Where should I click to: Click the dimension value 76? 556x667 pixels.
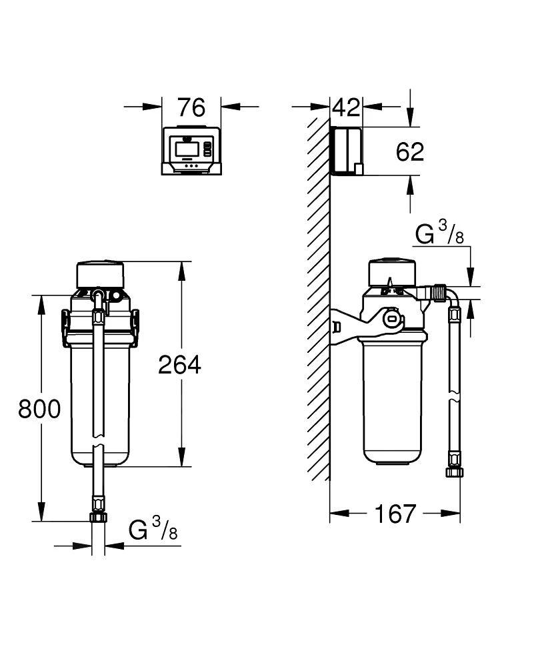191,107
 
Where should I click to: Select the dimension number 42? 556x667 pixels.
346,107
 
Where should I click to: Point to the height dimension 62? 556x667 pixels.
409,152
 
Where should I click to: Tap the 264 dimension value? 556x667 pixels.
179,364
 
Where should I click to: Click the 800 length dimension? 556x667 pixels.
39,409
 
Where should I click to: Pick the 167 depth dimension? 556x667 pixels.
395,514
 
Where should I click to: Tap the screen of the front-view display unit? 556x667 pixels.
186,148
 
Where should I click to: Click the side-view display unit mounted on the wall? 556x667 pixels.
347,151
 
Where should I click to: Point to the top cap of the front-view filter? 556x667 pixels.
100,273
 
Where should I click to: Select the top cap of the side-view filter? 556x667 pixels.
392,270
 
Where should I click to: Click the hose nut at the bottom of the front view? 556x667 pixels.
98,518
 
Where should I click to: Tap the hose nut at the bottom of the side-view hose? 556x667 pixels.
453,472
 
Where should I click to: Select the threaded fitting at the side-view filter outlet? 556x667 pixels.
438,292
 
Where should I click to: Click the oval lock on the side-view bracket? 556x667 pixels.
391,319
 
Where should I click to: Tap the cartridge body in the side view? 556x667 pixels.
392,400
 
